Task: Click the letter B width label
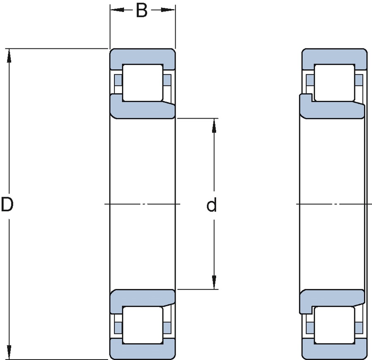point(142,11)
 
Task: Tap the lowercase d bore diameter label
point(212,205)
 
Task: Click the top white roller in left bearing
point(142,82)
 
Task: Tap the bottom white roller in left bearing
point(142,325)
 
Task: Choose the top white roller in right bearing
point(334,82)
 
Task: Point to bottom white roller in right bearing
point(334,325)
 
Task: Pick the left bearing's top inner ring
point(142,110)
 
